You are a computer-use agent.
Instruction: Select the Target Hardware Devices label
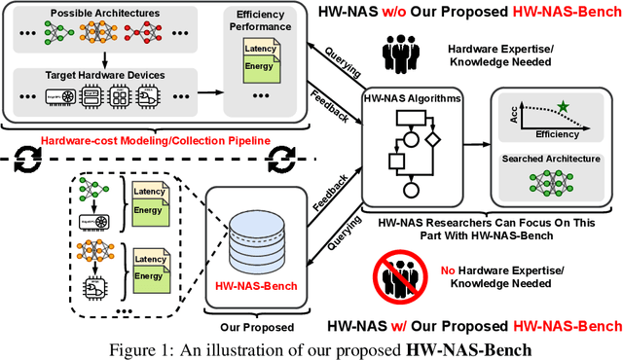point(98,74)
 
